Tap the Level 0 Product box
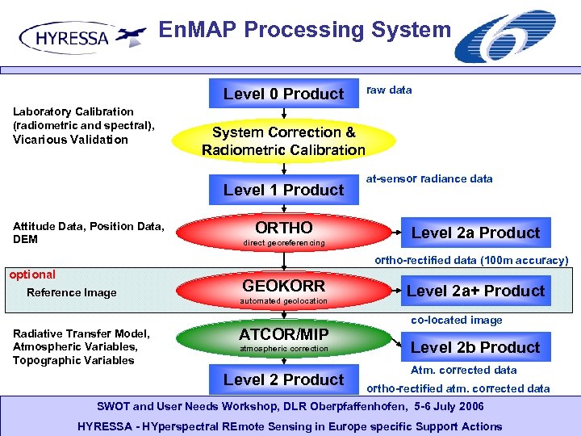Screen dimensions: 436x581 click(283, 94)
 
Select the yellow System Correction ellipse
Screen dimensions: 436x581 click(283, 140)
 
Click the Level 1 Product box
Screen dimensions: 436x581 click(283, 190)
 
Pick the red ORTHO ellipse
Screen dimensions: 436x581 click(283, 233)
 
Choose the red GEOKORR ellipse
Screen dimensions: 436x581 click(283, 291)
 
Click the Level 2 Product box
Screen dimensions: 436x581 click(283, 379)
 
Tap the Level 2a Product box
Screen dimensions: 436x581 click(475, 233)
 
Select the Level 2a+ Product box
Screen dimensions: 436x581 click(475, 291)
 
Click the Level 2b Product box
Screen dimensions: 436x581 click(475, 347)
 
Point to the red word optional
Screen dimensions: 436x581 click(32, 275)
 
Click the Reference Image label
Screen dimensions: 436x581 click(71, 292)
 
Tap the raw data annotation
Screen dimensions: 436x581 click(389, 90)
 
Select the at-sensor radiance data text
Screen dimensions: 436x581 click(428, 178)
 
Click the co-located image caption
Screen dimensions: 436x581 click(456, 320)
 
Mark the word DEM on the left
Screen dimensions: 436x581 click(25, 239)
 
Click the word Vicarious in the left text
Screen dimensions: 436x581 click(40, 139)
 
